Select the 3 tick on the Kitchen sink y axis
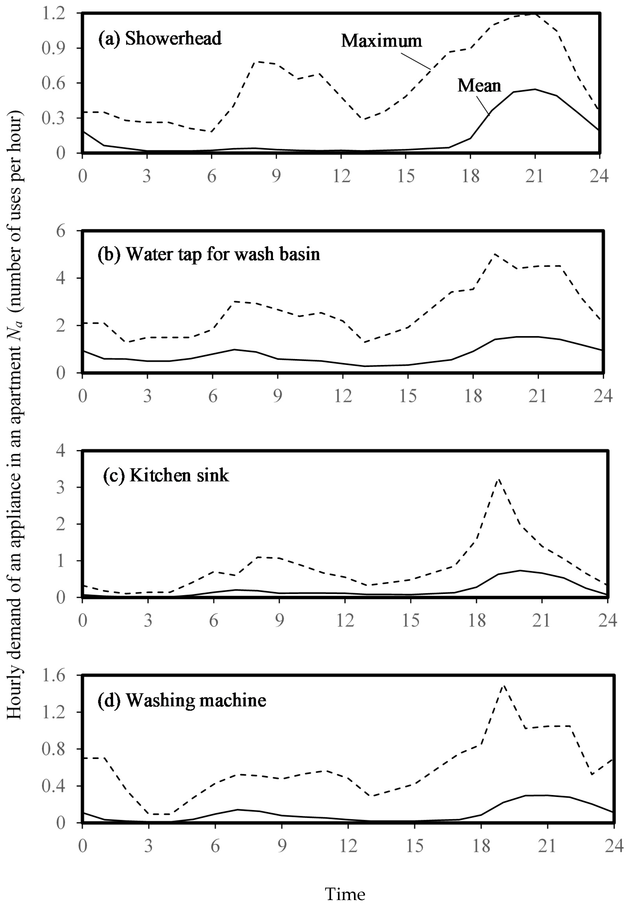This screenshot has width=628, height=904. click(x=60, y=487)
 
